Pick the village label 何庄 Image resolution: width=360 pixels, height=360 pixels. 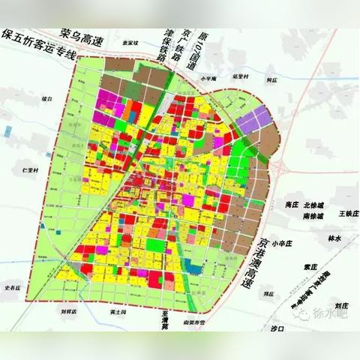271,76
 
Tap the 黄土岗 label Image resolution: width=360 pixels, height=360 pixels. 118,311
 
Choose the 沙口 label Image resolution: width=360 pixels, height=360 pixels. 279,328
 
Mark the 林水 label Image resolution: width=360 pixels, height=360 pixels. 334,238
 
